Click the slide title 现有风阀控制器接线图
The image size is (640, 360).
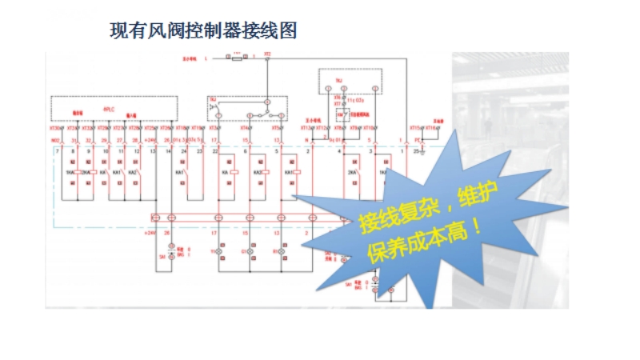pyautogui.click(x=203, y=31)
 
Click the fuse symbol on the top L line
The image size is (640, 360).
pyautogui.click(x=238, y=58)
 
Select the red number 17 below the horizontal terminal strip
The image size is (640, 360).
pyautogui.click(x=214, y=233)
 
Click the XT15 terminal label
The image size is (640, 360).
pyautogui.click(x=415, y=127)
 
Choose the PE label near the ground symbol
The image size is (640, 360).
pyautogui.click(x=418, y=141)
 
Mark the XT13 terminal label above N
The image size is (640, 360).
pyautogui.click(x=306, y=127)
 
